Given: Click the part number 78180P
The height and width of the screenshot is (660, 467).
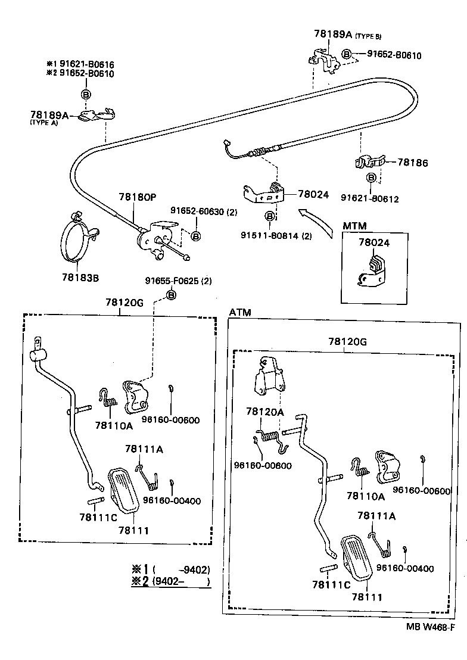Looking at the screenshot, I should pyautogui.click(x=137, y=197).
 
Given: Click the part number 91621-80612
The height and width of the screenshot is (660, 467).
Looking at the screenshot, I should pyautogui.click(x=370, y=199).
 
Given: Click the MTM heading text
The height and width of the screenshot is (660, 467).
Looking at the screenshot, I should pyautogui.click(x=354, y=226).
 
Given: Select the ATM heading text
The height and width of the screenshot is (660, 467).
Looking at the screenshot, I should pyautogui.click(x=240, y=312).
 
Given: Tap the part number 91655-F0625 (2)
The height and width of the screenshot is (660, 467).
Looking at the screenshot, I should pyautogui.click(x=178, y=281).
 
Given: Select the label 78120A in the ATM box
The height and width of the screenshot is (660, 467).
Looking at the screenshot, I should pyautogui.click(x=266, y=412).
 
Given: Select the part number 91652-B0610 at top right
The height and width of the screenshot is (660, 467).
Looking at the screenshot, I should pyautogui.click(x=394, y=55).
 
